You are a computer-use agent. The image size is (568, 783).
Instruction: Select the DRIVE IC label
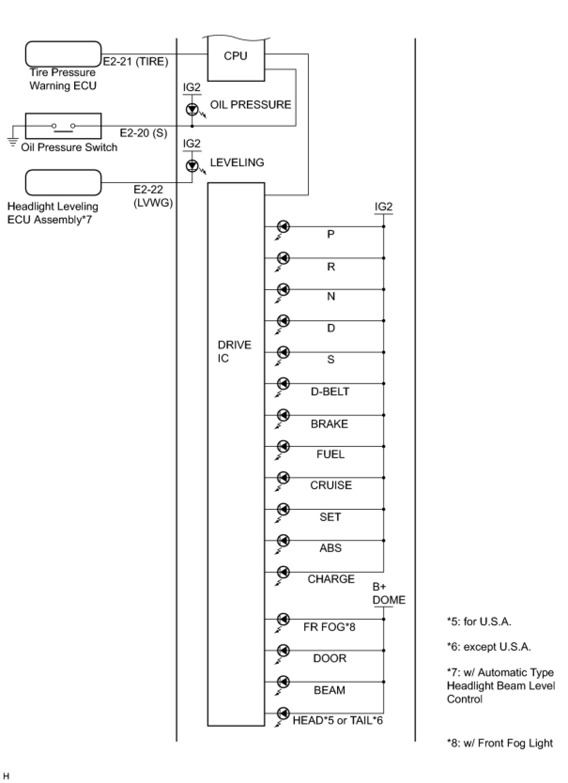pyautogui.click(x=234, y=352)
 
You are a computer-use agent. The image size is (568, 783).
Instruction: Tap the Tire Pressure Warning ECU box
pyautogui.click(x=63, y=54)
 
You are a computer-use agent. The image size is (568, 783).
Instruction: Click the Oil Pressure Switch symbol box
pyautogui.click(x=63, y=126)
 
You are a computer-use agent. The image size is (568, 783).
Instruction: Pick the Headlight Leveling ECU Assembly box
pyautogui.click(x=63, y=183)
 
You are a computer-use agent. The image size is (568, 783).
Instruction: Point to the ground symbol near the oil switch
pyautogui.click(x=13, y=141)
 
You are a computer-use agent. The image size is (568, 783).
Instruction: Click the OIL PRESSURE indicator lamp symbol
pyautogui.click(x=192, y=109)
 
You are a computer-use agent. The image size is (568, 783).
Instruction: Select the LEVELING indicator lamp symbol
pyautogui.click(x=192, y=165)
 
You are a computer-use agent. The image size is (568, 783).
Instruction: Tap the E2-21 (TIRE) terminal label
pyautogui.click(x=136, y=61)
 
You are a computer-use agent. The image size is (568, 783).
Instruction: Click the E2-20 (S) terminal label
pyautogui.click(x=143, y=133)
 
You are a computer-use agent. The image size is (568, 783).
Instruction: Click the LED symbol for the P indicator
pyautogui.click(x=283, y=227)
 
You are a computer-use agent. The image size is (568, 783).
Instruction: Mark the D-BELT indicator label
pyautogui.click(x=330, y=391)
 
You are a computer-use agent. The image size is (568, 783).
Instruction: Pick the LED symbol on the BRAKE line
pyautogui.click(x=283, y=415)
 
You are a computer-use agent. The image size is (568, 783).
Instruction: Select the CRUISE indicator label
pyautogui.click(x=330, y=485)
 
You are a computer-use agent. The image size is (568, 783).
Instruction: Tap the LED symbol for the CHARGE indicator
pyautogui.click(x=283, y=572)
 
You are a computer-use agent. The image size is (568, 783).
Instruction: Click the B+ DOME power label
pyautogui.click(x=388, y=593)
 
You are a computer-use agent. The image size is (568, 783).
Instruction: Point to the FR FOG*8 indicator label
pyautogui.click(x=329, y=627)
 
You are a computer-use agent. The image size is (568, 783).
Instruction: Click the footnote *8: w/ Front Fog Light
pyautogui.click(x=499, y=743)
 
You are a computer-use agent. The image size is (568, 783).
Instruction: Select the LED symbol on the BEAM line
pyautogui.click(x=283, y=682)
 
